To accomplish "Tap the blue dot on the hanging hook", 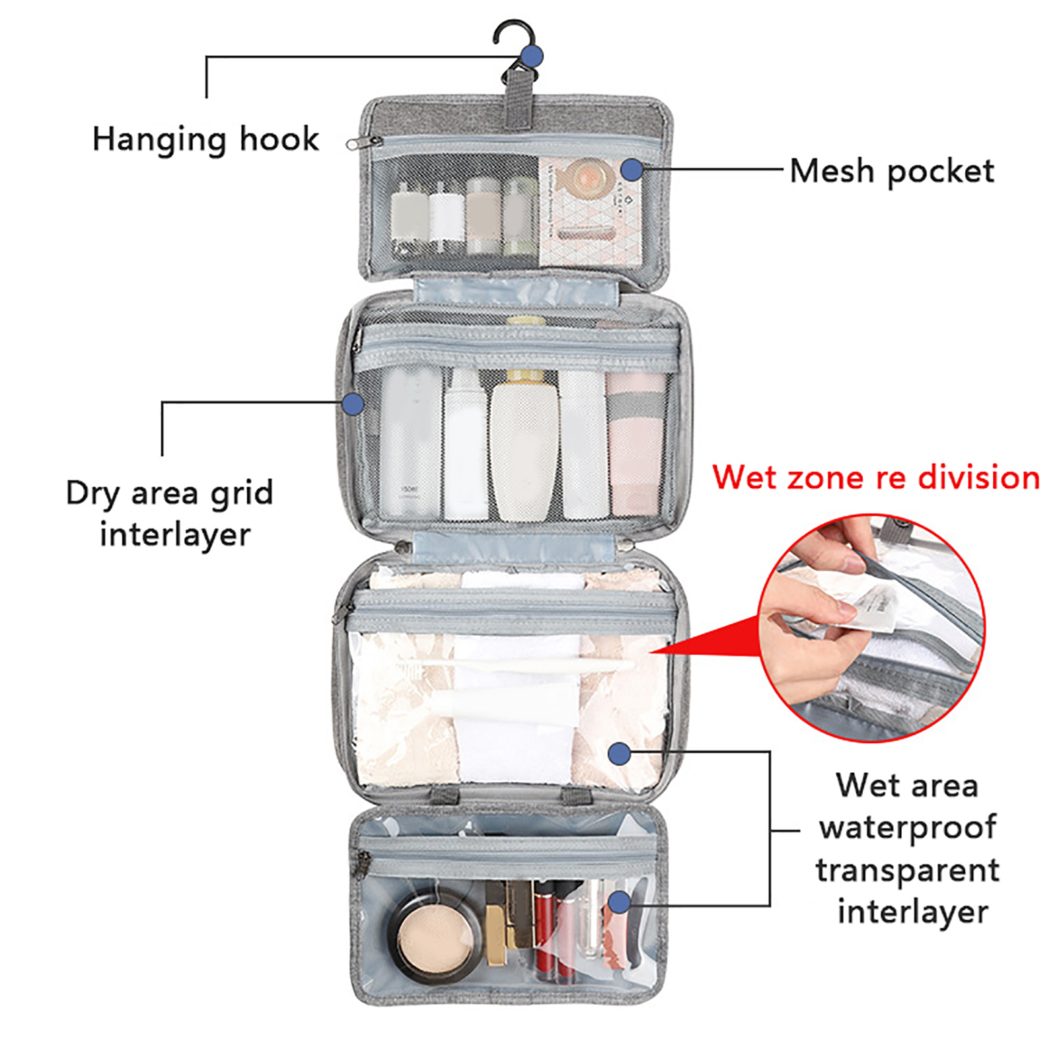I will pos(531,56).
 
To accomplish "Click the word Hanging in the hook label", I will pos(159,140).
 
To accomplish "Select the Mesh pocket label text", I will pos(891,171).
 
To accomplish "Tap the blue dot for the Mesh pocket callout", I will pos(632,170).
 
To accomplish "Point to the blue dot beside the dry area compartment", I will pos(353,404).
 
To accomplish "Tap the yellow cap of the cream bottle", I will pos(525,378).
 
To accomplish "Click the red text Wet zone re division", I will pos(876,478).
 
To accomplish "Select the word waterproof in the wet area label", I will pos(908,828).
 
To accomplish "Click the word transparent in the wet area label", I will pos(908,870).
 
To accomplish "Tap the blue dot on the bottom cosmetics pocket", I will pos(619,902).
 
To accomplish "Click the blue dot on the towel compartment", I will pos(619,753).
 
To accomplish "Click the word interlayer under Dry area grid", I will pos(175,534).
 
